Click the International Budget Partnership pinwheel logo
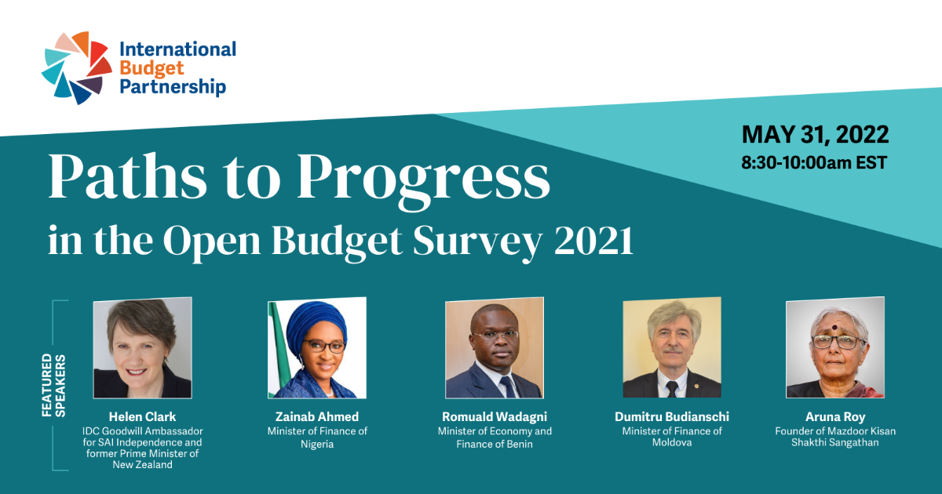pos(77,67)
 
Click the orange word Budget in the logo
pos(152,69)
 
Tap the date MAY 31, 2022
pos(815,134)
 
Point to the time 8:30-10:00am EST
pos(814,162)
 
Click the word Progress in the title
pos(423,180)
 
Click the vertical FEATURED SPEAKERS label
pos(54,385)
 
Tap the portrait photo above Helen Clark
pos(143,348)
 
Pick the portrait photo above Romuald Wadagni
pos(495,348)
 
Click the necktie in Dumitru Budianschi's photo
pos(672,390)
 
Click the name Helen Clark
pos(143,416)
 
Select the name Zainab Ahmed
pos(317,416)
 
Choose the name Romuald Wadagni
pos(495,416)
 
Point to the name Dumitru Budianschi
pos(672,416)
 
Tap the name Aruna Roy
pos(835,417)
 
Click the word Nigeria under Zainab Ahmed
pos(317,445)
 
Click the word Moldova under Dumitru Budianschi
pos(672,442)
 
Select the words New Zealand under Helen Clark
pos(143,464)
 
